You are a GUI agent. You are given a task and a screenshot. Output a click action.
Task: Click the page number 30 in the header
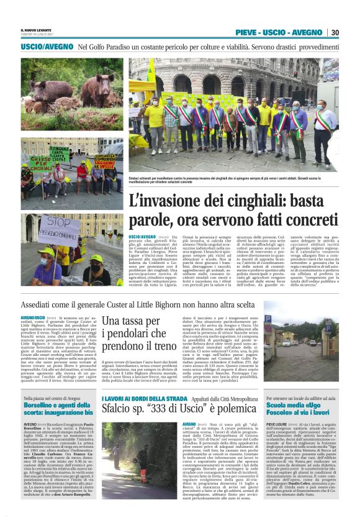(335, 32)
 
